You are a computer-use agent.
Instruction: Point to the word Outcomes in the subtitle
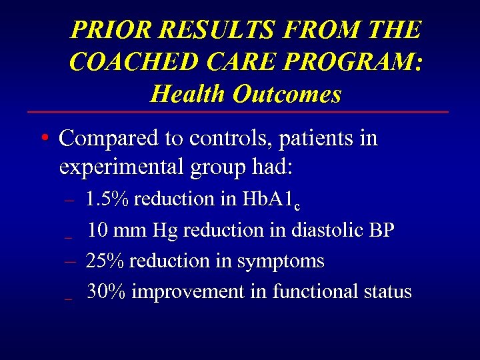(287, 94)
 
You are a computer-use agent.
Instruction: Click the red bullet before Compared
(43, 139)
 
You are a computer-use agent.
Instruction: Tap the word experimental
(117, 167)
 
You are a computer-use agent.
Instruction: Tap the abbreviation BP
(381, 230)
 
